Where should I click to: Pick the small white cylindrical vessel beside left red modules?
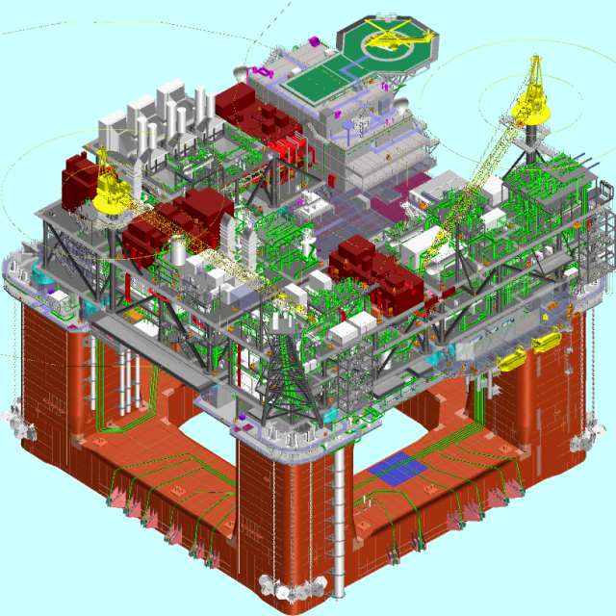[178, 252]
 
